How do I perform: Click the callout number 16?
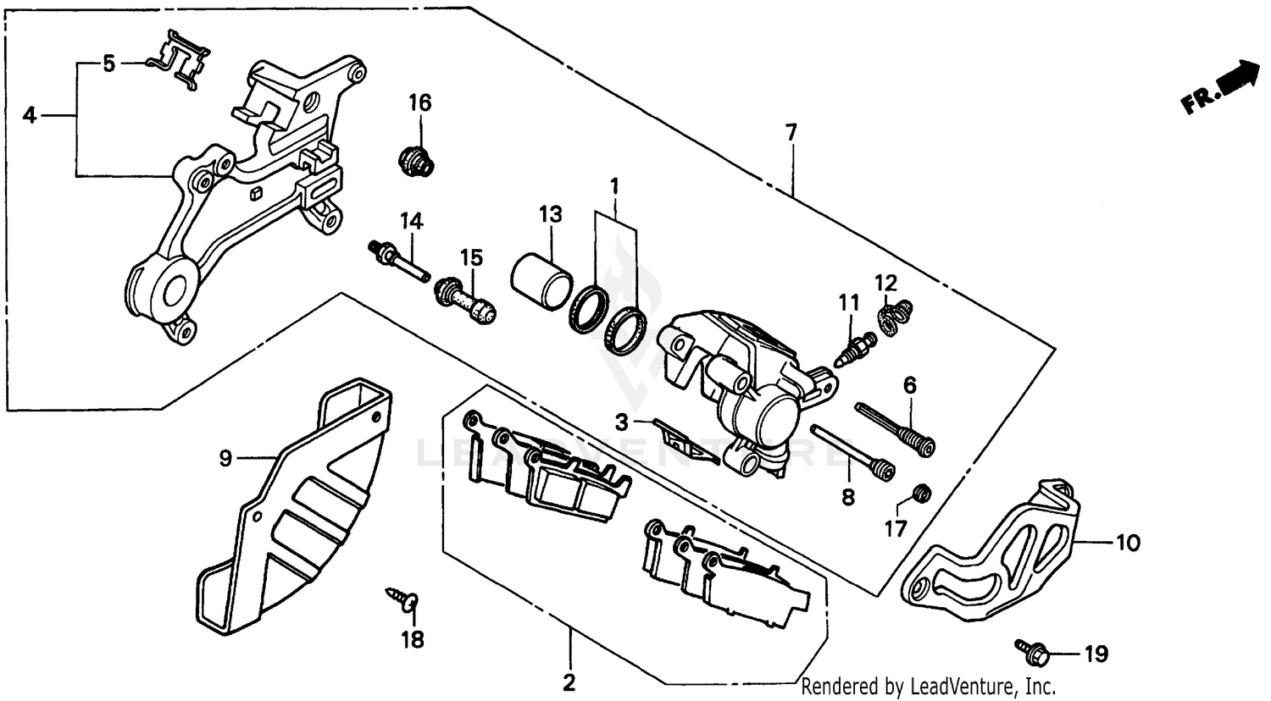(x=420, y=103)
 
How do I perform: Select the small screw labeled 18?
(x=403, y=598)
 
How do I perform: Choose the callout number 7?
(x=791, y=132)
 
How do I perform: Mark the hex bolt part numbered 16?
(x=415, y=161)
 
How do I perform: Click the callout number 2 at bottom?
(x=569, y=682)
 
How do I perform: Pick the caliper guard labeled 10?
(x=991, y=546)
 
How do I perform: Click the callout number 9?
(x=225, y=458)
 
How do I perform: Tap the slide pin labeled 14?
(x=398, y=263)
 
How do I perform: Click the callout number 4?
(x=30, y=115)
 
